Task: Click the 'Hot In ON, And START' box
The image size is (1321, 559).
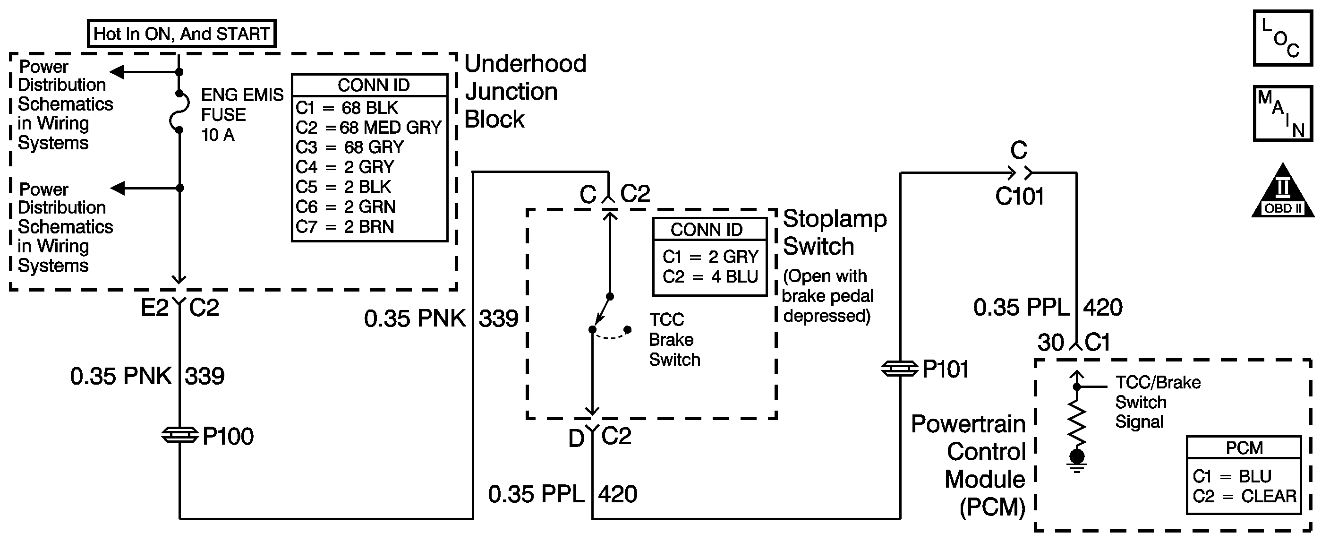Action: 181,34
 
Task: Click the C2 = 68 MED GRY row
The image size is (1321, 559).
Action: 368,127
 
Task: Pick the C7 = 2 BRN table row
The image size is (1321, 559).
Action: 345,227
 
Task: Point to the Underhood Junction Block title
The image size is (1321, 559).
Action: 524,91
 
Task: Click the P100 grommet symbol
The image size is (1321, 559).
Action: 180,435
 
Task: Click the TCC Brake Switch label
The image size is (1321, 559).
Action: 674,339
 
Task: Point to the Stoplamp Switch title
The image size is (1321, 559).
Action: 835,232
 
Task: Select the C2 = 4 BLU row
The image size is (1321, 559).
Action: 710,277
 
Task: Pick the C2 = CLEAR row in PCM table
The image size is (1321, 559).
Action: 1244,496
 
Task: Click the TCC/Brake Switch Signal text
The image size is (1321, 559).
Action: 1158,402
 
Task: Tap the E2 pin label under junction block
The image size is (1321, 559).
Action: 154,308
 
